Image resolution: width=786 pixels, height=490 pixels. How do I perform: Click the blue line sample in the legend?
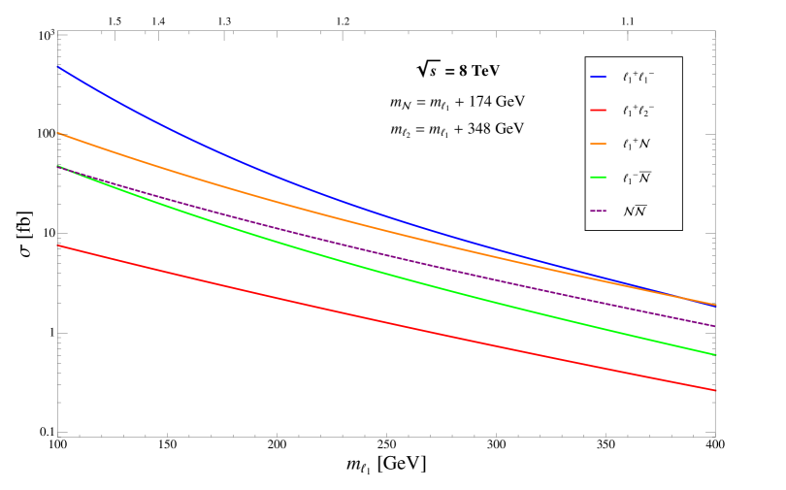click(598, 77)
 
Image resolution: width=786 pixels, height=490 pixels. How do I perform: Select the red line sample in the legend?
click(598, 110)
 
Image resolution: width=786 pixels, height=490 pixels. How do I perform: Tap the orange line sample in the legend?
click(598, 144)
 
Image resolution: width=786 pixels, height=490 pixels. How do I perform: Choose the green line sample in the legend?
click(598, 178)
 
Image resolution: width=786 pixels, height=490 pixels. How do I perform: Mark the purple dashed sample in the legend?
click(598, 211)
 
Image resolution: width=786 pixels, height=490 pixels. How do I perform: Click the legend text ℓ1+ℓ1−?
click(639, 77)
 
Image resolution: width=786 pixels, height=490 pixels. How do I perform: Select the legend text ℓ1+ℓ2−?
click(639, 110)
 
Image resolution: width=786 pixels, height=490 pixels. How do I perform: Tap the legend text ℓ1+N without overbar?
click(637, 144)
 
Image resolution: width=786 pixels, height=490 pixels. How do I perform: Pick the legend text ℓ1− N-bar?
click(637, 178)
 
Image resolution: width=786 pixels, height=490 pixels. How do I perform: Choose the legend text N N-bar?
click(635, 211)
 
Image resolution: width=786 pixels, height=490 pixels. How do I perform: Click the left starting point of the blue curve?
click(57, 66)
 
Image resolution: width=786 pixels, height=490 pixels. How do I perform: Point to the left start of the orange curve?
click(57, 132)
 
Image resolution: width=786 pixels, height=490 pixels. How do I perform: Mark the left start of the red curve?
click(57, 245)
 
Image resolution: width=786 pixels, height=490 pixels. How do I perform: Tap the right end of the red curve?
click(716, 390)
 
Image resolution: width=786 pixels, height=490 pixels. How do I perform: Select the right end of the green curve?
click(716, 355)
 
